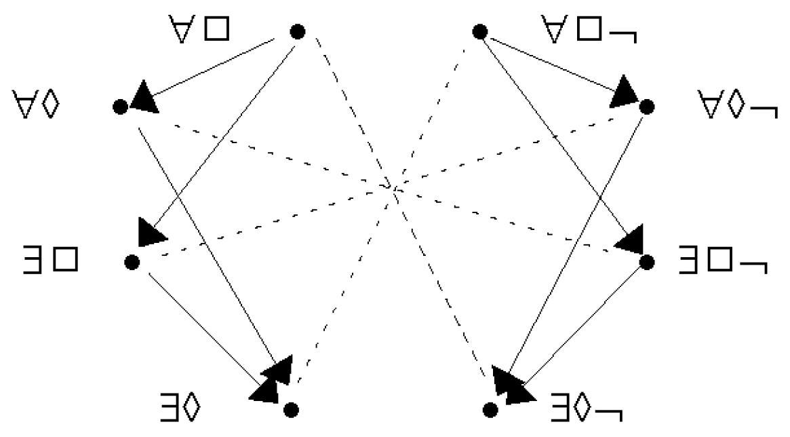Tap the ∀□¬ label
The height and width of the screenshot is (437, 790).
click(589, 30)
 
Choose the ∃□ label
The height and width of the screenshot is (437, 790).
click(51, 260)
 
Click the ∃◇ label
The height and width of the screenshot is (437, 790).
click(180, 407)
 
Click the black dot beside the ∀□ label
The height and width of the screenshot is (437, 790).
click(298, 32)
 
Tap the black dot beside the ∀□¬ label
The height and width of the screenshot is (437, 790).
click(480, 32)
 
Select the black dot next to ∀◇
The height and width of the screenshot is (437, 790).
click(120, 107)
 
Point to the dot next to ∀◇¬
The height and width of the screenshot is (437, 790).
click(647, 107)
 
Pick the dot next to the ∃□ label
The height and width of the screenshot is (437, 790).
click(132, 262)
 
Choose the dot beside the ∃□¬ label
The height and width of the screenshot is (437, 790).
click(647, 262)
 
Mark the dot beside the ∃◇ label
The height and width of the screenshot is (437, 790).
click(291, 410)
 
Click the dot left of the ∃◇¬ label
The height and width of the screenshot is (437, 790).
click(490, 410)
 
